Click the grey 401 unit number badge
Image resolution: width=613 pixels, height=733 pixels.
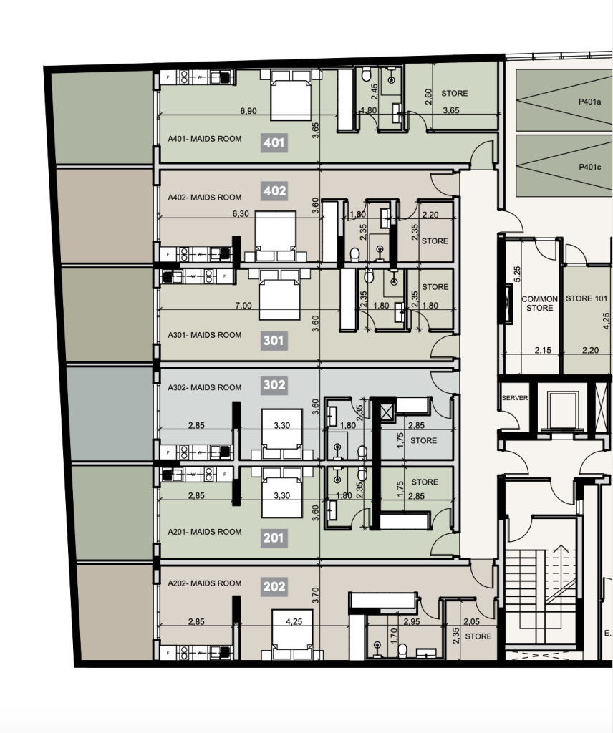pyautogui.click(x=274, y=142)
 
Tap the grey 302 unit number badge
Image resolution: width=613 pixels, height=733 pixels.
pyautogui.click(x=274, y=384)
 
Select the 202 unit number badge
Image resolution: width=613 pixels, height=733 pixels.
pyautogui.click(x=274, y=587)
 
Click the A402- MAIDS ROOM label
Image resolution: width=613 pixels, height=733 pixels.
pyautogui.click(x=205, y=198)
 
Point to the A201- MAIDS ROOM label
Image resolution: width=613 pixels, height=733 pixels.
pyautogui.click(x=205, y=532)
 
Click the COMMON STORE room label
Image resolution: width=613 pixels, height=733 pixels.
pyautogui.click(x=539, y=304)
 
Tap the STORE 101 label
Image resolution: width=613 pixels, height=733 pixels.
pyautogui.click(x=587, y=298)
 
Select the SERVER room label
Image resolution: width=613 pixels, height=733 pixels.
pyautogui.click(x=515, y=398)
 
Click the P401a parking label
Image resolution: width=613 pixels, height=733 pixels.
pyautogui.click(x=589, y=102)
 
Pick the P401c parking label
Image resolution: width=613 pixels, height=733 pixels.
pyautogui.click(x=589, y=167)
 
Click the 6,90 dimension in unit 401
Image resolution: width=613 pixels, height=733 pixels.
pyautogui.click(x=248, y=111)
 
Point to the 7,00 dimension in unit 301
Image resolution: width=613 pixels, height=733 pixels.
pyautogui.click(x=243, y=305)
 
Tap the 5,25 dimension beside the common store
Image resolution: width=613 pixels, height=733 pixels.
pyautogui.click(x=517, y=274)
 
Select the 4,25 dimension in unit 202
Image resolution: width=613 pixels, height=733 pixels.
pyautogui.click(x=294, y=622)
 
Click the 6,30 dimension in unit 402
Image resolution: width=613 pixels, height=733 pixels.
pyautogui.click(x=241, y=213)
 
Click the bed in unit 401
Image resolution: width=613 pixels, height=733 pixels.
pyautogui.click(x=291, y=95)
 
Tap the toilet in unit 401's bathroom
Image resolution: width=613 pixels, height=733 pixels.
pyautogui.click(x=367, y=74)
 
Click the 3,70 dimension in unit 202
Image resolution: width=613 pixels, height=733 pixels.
pyautogui.click(x=315, y=596)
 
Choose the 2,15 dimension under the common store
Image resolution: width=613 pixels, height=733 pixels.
pyautogui.click(x=543, y=349)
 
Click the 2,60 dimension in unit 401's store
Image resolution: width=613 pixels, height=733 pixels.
pyautogui.click(x=428, y=97)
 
